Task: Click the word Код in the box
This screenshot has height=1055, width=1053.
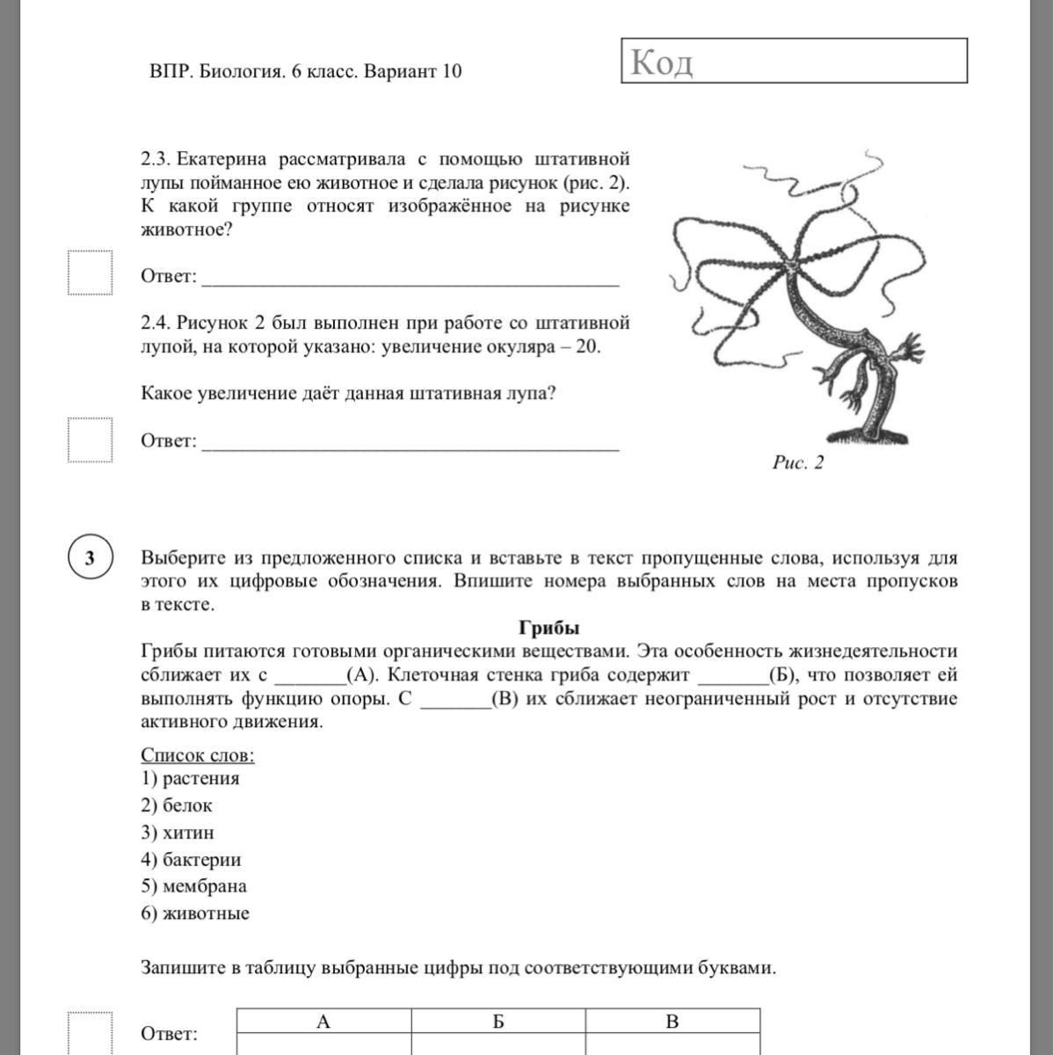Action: pyautogui.click(x=662, y=62)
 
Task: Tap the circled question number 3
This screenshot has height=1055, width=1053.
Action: pyautogui.click(x=90, y=558)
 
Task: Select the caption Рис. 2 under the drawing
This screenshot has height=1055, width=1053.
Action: pyautogui.click(x=798, y=462)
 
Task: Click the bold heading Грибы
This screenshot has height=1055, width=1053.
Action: pyautogui.click(x=548, y=628)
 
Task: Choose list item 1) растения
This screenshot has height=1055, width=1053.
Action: pyautogui.click(x=190, y=778)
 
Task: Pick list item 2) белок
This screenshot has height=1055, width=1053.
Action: pyautogui.click(x=177, y=805)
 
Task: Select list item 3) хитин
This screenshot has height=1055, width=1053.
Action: pyautogui.click(x=178, y=833)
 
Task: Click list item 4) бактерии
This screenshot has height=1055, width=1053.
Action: pyautogui.click(x=191, y=860)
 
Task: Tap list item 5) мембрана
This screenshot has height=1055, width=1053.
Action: pyautogui.click(x=193, y=886)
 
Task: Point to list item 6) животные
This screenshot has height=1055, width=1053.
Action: pyautogui.click(x=195, y=913)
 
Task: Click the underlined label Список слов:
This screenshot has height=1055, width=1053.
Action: pyautogui.click(x=198, y=755)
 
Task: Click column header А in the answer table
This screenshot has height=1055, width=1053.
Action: pyautogui.click(x=323, y=1022)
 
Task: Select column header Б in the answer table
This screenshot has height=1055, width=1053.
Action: pyautogui.click(x=497, y=1022)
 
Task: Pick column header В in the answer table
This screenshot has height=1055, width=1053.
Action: pyautogui.click(x=672, y=1022)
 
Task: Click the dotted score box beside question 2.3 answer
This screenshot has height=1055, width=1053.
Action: pyautogui.click(x=91, y=273)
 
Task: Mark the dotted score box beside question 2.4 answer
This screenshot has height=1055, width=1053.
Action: pyautogui.click(x=91, y=439)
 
